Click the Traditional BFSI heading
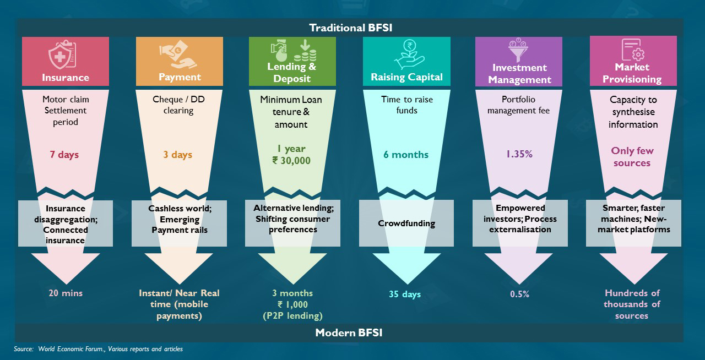(351, 28)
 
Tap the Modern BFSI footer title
(349, 332)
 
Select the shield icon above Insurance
(62, 54)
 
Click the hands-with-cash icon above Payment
(178, 54)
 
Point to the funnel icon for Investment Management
(518, 50)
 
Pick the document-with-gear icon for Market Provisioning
(633, 50)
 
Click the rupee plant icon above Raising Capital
(409, 54)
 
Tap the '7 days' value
(64, 155)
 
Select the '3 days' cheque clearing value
(177, 155)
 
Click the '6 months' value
(406, 155)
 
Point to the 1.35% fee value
(519, 154)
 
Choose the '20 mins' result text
(66, 293)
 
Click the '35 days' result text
(405, 294)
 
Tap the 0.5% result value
(519, 294)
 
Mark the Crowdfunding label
(406, 223)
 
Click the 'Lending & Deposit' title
(292, 72)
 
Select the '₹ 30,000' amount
(291, 161)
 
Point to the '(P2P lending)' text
(292, 315)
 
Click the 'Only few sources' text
(632, 157)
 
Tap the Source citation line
(98, 348)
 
